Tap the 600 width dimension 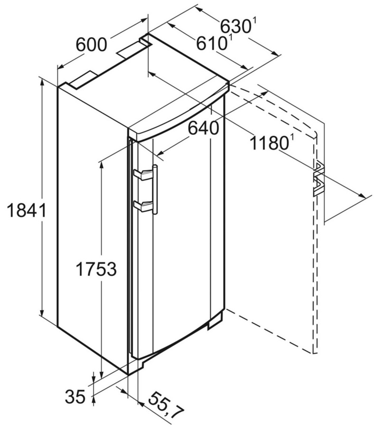click(x=91, y=45)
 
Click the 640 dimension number click(x=203, y=128)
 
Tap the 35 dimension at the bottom click(x=75, y=397)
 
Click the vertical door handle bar click(x=155, y=189)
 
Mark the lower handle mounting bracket click(x=143, y=206)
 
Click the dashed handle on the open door click(x=318, y=179)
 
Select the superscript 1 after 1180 click(x=291, y=139)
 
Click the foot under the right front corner click(x=215, y=321)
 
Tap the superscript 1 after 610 click(x=230, y=38)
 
